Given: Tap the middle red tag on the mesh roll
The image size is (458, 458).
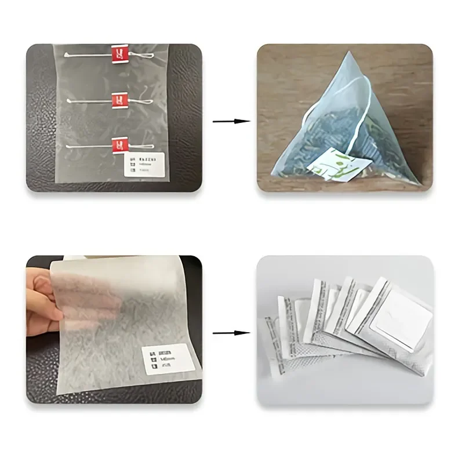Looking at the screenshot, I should coord(118,101).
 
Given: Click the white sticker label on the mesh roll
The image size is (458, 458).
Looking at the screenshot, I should coord(146,165).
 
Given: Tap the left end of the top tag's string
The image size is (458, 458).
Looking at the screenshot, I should coord(68,55).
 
